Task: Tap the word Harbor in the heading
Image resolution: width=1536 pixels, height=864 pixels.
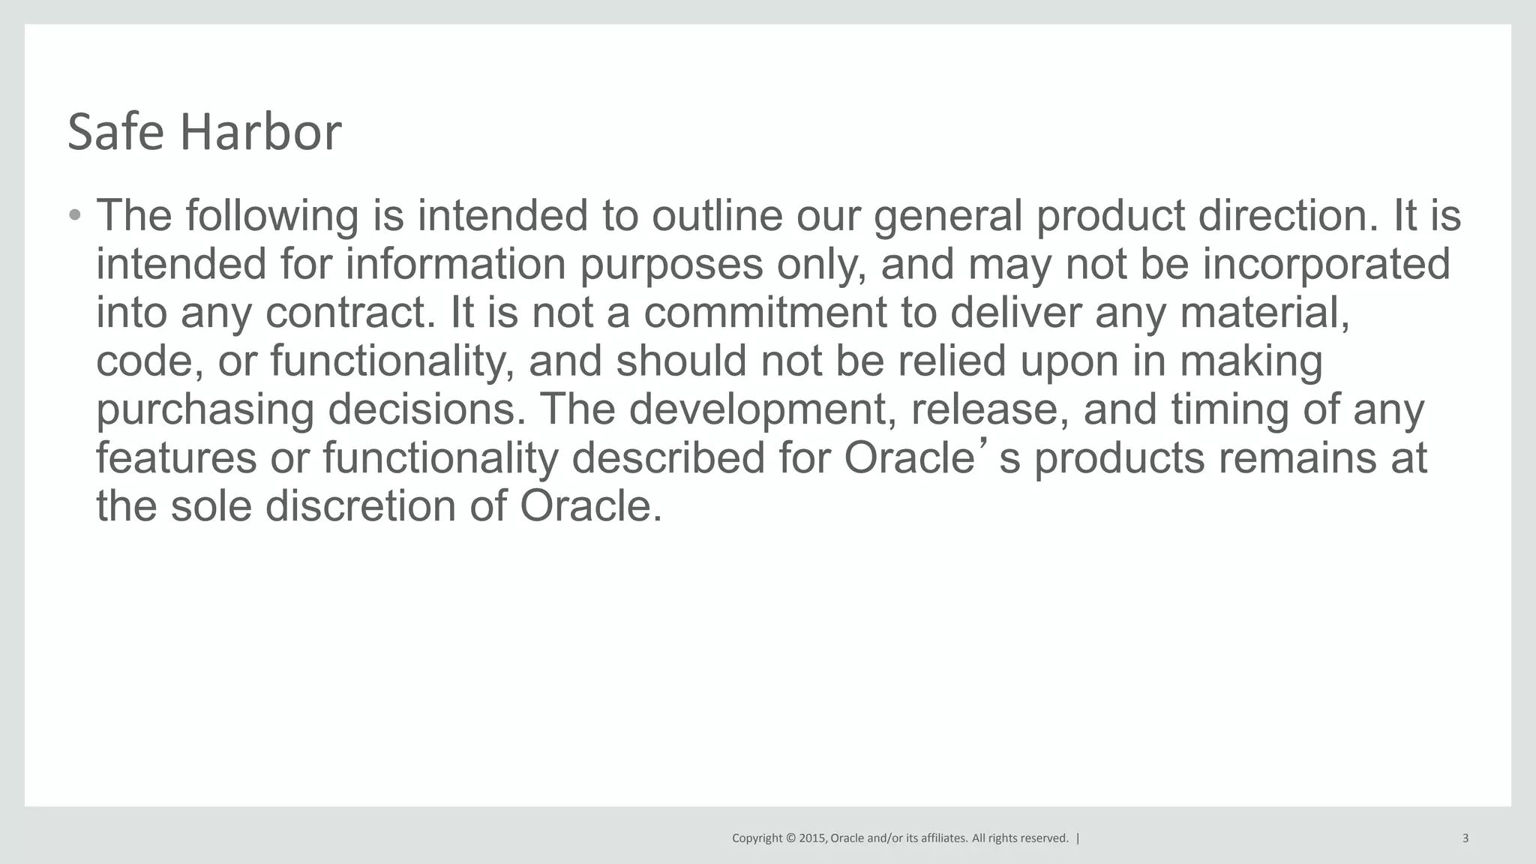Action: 261,132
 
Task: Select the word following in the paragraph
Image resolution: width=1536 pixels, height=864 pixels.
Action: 272,216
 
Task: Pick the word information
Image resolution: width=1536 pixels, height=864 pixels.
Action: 455,265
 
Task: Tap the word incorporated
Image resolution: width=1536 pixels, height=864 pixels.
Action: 1326,265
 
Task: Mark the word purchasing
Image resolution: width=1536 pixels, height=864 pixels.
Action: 205,410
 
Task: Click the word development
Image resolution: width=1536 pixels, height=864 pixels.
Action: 762,410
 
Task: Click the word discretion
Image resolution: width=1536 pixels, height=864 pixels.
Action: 361,506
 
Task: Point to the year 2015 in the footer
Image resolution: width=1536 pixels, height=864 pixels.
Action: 813,838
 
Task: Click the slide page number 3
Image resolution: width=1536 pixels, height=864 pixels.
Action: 1465,838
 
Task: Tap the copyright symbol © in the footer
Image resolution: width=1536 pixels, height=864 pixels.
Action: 790,838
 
